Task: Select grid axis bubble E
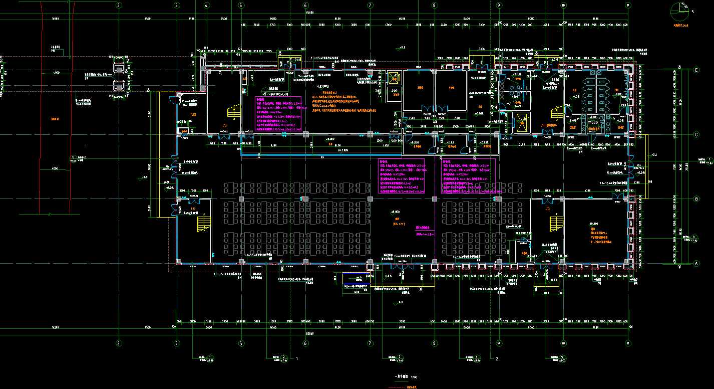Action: (x=695, y=70)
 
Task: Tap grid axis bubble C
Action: (x=695, y=134)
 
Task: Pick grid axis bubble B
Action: (x=695, y=199)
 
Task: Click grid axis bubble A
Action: (x=695, y=263)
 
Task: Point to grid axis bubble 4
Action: (x=206, y=5)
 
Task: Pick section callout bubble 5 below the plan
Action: (x=563, y=356)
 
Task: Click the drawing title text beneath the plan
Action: (x=399, y=376)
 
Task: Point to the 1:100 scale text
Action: (x=414, y=376)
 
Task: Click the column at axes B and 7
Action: (x=370, y=199)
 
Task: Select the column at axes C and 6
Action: (x=305, y=134)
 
